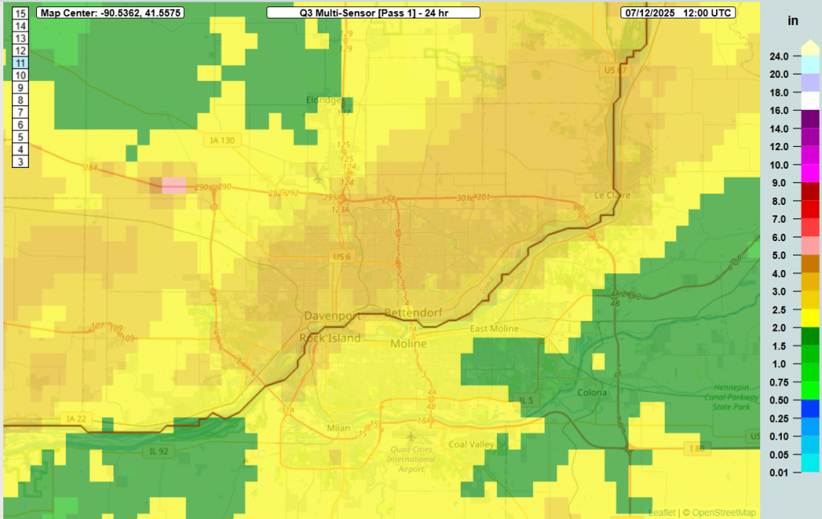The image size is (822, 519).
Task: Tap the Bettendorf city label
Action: point(409,311)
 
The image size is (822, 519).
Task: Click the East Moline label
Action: point(494,329)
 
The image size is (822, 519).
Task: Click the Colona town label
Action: point(592,392)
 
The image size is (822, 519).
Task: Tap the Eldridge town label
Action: point(324,100)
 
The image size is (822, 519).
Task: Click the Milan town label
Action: point(339,428)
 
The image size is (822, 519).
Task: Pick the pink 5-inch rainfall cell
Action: point(173,186)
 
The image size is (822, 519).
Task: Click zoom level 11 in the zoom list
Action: point(21,63)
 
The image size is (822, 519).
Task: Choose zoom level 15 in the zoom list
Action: point(21,13)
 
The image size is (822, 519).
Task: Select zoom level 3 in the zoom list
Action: point(21,162)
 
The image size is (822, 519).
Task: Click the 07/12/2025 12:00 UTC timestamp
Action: point(690,13)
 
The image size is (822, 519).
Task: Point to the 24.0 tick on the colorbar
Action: point(779,56)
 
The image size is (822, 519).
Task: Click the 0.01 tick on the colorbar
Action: point(779,472)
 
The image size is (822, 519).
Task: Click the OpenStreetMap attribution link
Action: point(725,513)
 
